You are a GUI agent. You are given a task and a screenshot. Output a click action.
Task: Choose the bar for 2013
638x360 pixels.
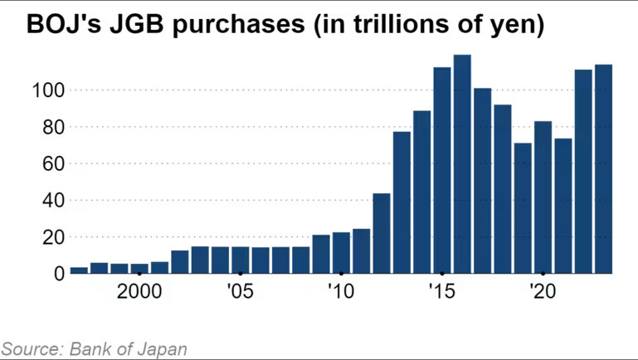coord(402,202)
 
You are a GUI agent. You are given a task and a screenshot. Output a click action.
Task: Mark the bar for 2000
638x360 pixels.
coord(139,269)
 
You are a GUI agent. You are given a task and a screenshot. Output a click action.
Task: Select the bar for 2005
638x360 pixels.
coord(241,260)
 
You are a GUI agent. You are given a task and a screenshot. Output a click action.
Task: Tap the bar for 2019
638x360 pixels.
coord(523,208)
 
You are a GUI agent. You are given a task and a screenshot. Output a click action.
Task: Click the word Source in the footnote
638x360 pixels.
coord(28,348)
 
